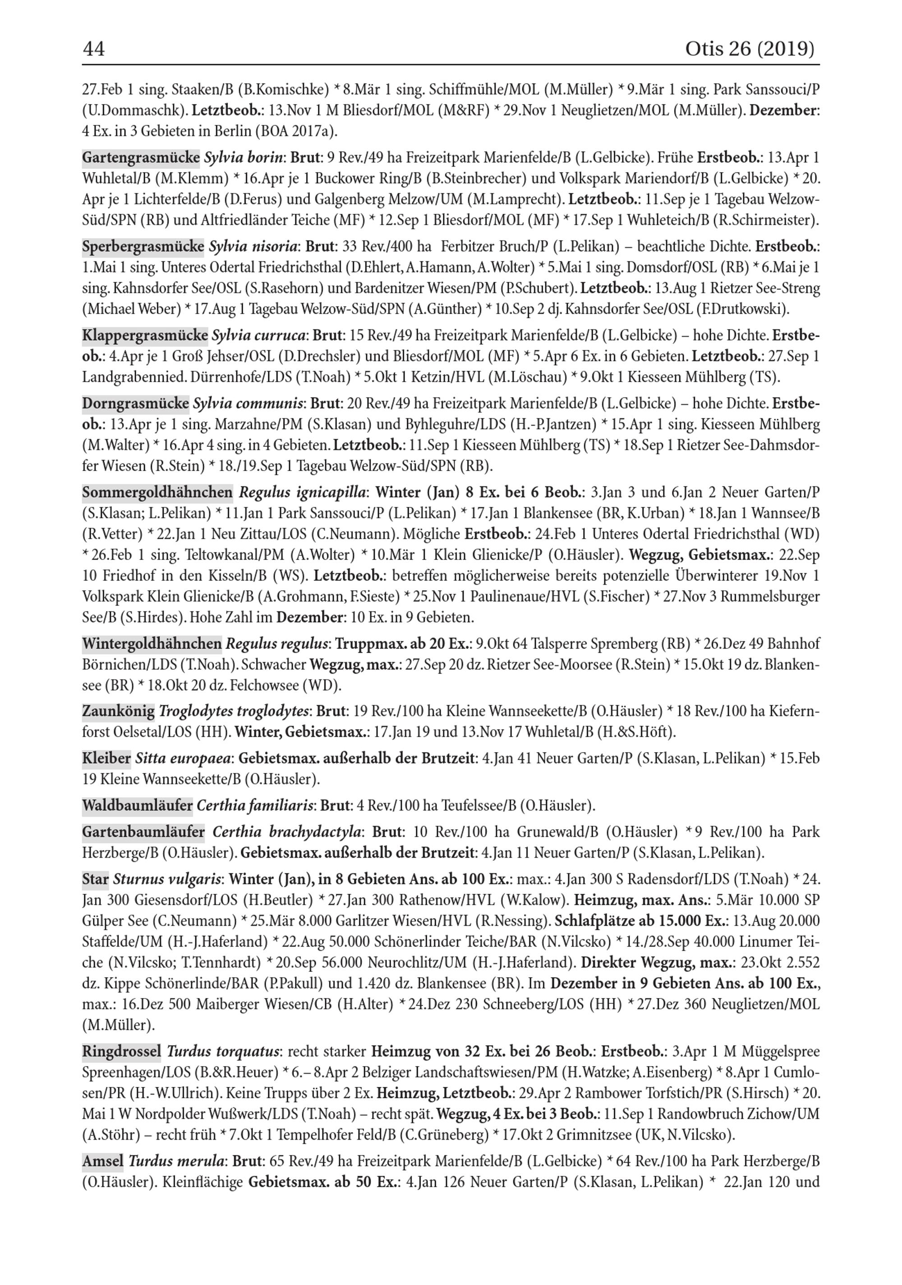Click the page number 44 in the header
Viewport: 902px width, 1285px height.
point(93,49)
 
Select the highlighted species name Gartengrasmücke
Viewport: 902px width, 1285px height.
point(141,158)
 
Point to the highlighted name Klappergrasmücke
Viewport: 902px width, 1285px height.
point(145,336)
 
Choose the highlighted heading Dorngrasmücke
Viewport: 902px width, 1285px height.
point(135,403)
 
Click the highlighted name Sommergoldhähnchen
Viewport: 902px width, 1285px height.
point(157,493)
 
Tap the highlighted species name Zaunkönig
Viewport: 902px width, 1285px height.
point(118,712)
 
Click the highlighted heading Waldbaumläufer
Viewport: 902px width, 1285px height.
point(137,805)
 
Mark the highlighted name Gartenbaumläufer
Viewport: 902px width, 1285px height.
point(143,832)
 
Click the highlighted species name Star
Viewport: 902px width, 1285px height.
point(95,879)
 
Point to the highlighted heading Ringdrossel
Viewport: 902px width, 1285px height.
point(121,1052)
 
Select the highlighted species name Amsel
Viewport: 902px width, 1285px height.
point(103,1161)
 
